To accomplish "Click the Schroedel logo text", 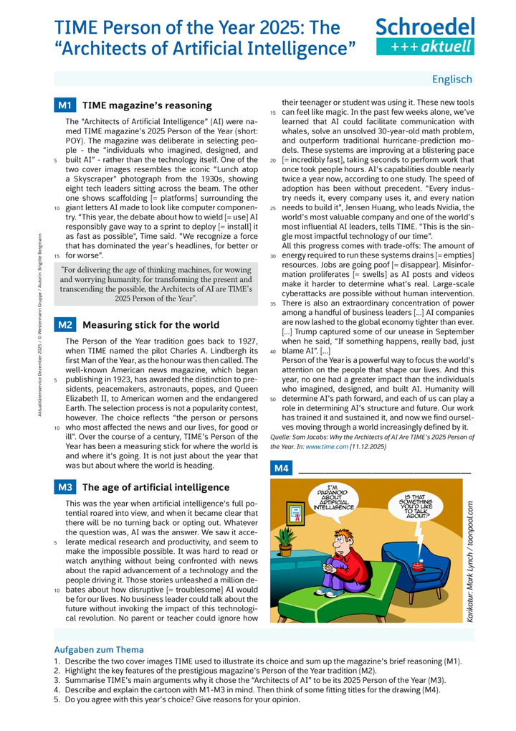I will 425,27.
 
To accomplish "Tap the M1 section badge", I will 64,105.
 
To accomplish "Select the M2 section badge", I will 64,325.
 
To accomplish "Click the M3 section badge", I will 64,488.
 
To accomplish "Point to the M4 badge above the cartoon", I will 282,469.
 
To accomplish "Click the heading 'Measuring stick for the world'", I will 151,325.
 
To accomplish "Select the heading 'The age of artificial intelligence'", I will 156,488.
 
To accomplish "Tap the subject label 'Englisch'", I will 451,79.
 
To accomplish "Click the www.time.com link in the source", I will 327,446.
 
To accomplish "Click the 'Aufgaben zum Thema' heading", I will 99,650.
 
